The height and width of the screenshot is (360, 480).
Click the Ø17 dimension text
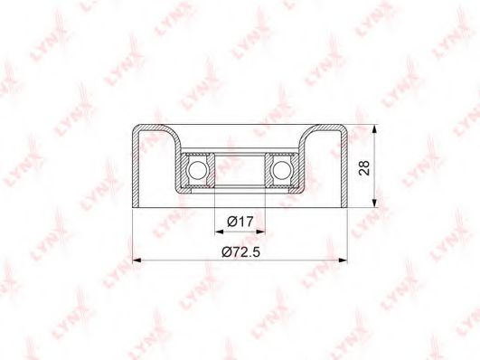240,222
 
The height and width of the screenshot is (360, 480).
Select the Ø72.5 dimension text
241,252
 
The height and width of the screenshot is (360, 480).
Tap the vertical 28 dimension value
364,167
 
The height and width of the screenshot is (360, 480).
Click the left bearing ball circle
196,170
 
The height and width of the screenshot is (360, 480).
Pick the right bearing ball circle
282,170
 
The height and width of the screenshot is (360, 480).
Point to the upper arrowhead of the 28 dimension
374,129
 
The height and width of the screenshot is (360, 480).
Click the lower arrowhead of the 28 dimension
374,203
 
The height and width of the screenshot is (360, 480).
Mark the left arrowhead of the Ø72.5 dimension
136,261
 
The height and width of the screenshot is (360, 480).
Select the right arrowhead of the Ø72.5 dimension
344,261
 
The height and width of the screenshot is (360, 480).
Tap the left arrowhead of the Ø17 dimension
220,232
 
